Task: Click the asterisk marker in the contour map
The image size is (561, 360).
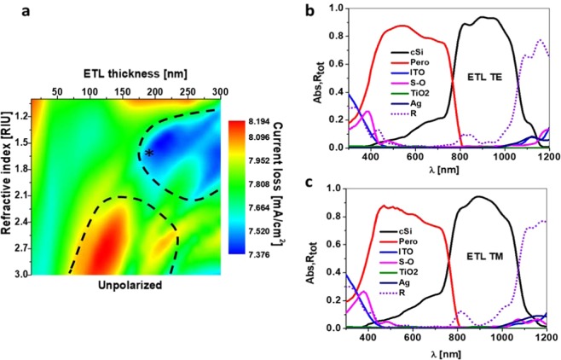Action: tap(149, 153)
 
